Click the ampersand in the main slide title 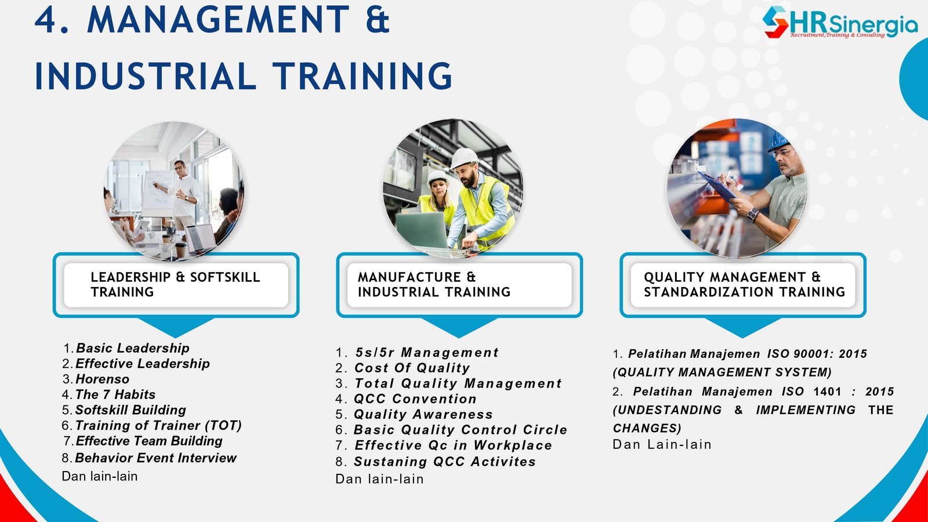tap(378, 19)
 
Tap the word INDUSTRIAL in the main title tap(146, 76)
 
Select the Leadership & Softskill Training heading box tap(176, 285)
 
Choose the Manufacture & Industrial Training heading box tap(459, 285)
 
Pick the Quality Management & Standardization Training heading tap(743, 285)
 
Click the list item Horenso tap(102, 379)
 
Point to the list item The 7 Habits tap(115, 394)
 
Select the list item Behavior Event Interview tap(156, 458)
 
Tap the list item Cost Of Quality tap(412, 368)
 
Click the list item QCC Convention tap(415, 398)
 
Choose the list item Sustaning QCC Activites tap(445, 462)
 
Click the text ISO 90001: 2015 tap(817, 354)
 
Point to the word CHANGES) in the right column tap(647, 428)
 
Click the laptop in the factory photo tap(421, 230)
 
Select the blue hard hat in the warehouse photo tap(778, 142)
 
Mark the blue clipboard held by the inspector tap(716, 186)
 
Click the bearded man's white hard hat tap(463, 158)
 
